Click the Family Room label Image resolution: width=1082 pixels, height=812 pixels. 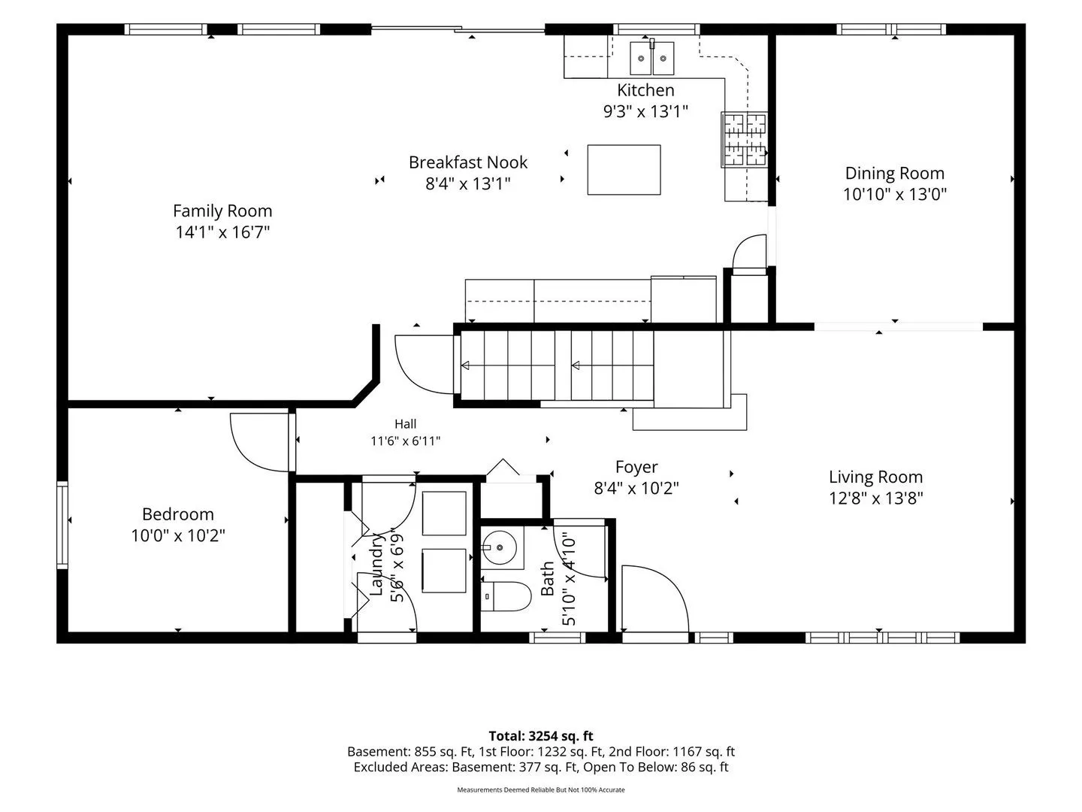222,211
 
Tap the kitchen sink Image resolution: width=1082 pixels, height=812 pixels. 651,58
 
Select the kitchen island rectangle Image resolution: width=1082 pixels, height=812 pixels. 624,170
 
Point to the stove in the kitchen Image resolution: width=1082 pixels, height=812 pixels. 744,140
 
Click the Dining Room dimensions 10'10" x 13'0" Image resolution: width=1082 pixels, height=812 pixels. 895,194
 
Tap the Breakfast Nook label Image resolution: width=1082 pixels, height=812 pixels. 468,162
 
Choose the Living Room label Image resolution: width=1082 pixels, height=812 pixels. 875,477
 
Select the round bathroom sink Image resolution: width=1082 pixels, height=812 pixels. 499,547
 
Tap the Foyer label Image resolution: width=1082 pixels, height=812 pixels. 636,467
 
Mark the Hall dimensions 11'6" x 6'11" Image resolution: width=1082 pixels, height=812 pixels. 405,441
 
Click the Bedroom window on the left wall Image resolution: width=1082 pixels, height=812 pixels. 62,525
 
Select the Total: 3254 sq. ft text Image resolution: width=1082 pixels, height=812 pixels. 541,735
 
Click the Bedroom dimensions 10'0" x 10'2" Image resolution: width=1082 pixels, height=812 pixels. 178,535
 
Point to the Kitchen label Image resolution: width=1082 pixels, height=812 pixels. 645,90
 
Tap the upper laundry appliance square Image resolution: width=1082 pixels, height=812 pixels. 443,514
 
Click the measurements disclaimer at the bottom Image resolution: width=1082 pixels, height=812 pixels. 541,789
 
